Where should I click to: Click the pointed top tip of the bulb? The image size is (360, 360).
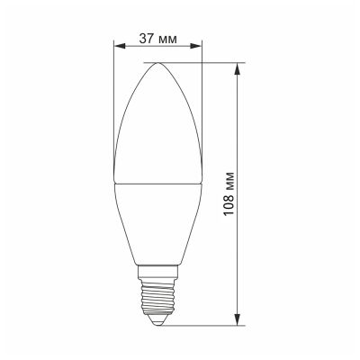click(159, 63)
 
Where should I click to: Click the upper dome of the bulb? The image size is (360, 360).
click(159, 117)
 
